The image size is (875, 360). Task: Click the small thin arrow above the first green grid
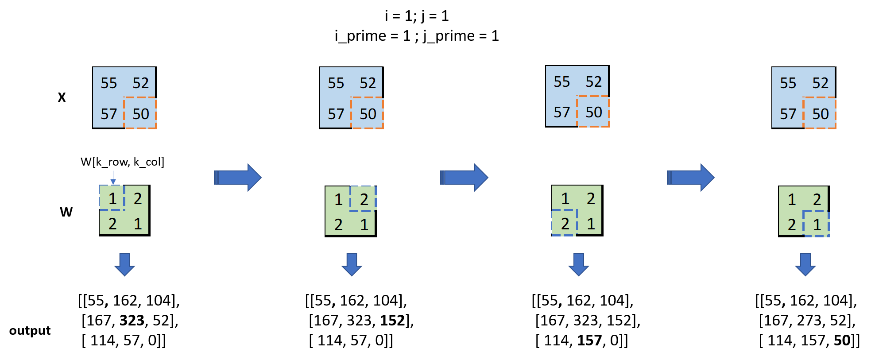[x=113, y=178]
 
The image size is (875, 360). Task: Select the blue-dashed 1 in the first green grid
[x=112, y=198]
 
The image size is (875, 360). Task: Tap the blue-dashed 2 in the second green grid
[x=364, y=199]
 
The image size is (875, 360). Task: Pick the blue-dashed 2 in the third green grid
[x=565, y=224]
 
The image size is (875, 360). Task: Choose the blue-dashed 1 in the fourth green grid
[x=817, y=225]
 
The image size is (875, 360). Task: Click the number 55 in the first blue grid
[x=108, y=83]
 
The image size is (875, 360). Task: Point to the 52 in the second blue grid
[x=368, y=83]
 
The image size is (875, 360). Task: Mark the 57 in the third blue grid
[x=561, y=112]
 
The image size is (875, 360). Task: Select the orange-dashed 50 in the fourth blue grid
[x=820, y=114]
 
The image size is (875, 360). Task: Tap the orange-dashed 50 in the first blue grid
[x=141, y=114]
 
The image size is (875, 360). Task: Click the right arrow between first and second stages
[x=238, y=178]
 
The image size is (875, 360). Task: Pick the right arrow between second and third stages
[x=464, y=178]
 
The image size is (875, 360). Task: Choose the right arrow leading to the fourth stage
[x=691, y=178]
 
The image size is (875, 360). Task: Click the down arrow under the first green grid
[x=124, y=264]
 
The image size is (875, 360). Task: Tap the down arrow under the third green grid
[x=578, y=264]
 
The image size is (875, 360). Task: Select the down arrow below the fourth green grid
[x=805, y=264]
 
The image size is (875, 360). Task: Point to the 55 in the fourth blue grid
[x=788, y=83]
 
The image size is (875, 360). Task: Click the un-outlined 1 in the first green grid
[x=138, y=224]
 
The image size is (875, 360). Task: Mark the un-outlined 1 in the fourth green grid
[x=792, y=200]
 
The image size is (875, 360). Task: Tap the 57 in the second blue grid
[x=336, y=114]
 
